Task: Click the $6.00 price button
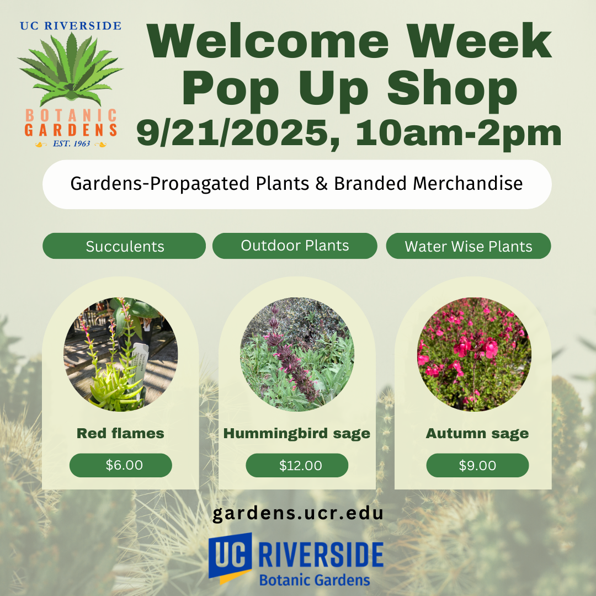(120, 465)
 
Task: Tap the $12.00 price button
(297, 465)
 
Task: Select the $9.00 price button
(477, 465)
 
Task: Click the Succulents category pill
(124, 246)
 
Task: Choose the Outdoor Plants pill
(295, 246)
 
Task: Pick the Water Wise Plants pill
(469, 246)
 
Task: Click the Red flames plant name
(120, 433)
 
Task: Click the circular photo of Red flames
(120, 354)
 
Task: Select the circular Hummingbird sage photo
(297, 354)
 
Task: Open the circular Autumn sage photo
(475, 354)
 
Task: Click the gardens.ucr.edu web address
(297, 514)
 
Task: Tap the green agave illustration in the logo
(70, 70)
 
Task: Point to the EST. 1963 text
(71, 143)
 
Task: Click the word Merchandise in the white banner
(467, 183)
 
